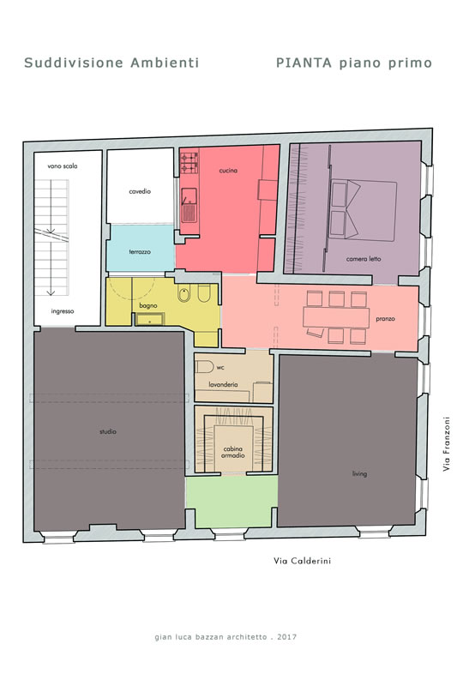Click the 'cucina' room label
pos(228,170)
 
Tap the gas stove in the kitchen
pos(189,163)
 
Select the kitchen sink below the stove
pos(189,205)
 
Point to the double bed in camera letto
pos(364,209)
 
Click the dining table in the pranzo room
pos(336,317)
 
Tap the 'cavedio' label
pos(140,191)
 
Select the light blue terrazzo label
pos(140,252)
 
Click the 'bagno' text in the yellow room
pos(148,305)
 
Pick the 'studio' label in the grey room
pos(108,431)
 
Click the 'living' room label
pos(359,473)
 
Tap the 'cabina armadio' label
pos(233,452)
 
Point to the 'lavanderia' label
pos(223,384)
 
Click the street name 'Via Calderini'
pos(302,561)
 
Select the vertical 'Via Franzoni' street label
pos(446,443)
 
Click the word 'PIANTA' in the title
pos(304,63)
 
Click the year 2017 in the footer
pos(286,637)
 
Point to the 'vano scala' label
pos(62,166)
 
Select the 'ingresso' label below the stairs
pos(63,311)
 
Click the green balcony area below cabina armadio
pos(232,502)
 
